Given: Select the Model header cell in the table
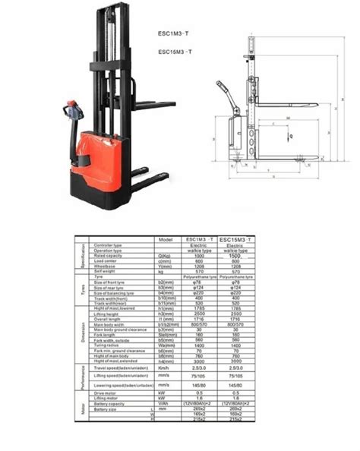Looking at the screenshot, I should tap(166, 239).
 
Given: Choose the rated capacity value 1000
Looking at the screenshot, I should tap(200, 256).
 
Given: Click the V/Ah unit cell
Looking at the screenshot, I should tap(165, 405).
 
